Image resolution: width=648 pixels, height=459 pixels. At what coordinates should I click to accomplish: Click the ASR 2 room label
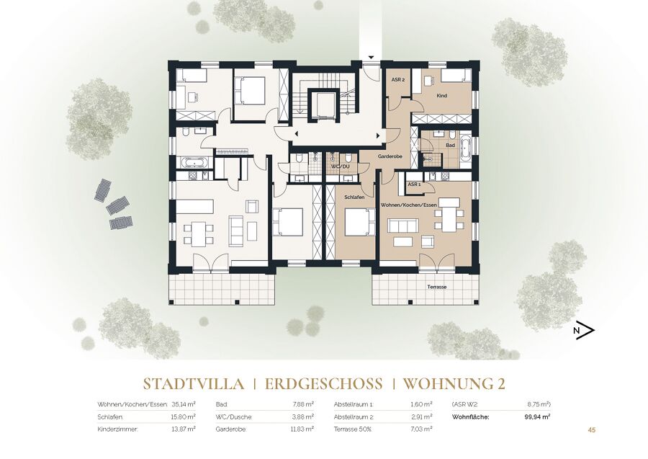[x=397, y=79]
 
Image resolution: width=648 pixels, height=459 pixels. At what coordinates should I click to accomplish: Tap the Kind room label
[x=442, y=96]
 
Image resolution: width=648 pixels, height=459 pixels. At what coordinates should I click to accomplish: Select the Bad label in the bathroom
[x=451, y=145]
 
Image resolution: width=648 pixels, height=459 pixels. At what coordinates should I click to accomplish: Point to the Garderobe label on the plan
[x=390, y=156]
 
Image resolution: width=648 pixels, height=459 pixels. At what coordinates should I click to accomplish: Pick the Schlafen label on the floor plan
[x=354, y=197]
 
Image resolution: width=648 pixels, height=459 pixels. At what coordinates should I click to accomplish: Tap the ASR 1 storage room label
[x=414, y=184]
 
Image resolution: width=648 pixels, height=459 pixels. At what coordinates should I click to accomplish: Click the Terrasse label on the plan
[x=437, y=287]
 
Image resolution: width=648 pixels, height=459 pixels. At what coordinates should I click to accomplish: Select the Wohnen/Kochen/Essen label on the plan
[x=409, y=205]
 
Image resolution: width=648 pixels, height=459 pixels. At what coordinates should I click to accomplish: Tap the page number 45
[x=591, y=430]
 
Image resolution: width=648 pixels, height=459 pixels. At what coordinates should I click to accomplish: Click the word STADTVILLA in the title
[x=194, y=384]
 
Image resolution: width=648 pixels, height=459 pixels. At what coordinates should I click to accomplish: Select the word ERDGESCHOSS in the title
[x=323, y=384]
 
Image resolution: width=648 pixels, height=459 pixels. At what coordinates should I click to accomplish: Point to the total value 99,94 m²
[x=537, y=416]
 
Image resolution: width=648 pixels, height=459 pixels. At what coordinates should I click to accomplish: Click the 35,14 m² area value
[x=184, y=404]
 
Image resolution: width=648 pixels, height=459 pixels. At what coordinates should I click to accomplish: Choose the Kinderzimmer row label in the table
[x=118, y=429]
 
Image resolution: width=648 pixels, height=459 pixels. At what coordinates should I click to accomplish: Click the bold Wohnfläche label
[x=471, y=416]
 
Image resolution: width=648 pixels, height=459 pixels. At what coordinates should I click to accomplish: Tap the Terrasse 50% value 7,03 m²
[x=422, y=429]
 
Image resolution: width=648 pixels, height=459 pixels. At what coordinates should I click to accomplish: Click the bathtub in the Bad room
[x=466, y=149]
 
